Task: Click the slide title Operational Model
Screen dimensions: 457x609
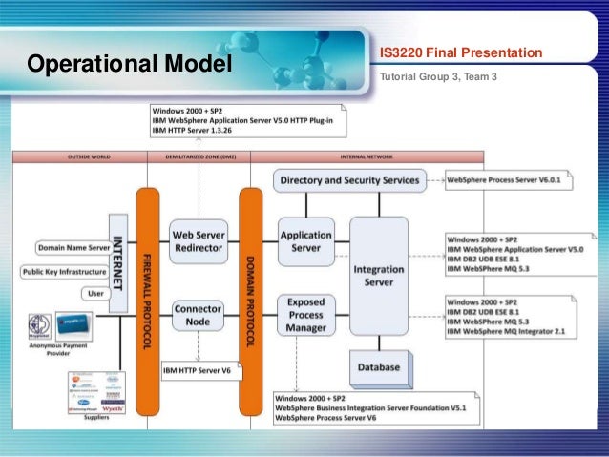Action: (x=130, y=64)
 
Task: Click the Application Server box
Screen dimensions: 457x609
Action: (x=305, y=240)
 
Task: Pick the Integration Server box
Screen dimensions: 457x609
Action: (x=379, y=275)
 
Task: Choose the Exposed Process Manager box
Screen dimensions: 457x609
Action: (x=306, y=315)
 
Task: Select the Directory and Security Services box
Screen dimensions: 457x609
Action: (x=347, y=179)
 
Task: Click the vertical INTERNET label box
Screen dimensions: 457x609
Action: (x=118, y=261)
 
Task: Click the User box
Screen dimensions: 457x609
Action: (x=95, y=294)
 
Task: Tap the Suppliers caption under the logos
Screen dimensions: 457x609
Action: (x=95, y=418)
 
